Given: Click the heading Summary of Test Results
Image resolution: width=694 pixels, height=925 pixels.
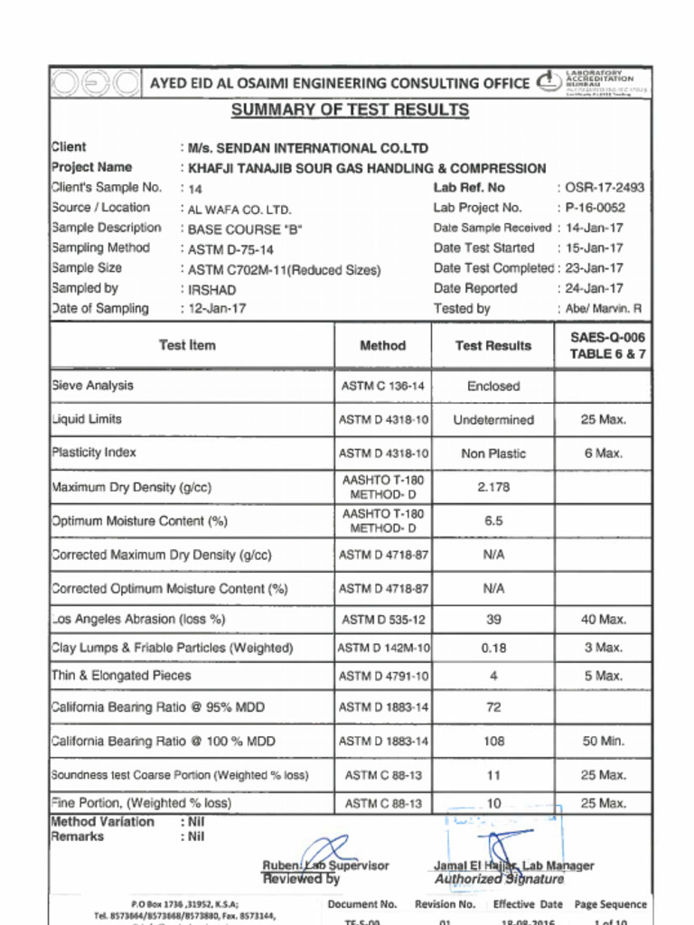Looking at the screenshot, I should pos(350,110).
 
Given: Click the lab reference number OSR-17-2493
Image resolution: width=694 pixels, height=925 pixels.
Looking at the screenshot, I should pos(605,188).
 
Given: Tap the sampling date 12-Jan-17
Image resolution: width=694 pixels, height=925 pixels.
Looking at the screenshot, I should pos(217,309).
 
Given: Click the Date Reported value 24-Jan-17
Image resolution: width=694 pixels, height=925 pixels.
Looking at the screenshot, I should pos(595,289).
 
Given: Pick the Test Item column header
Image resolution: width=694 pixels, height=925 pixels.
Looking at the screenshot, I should pos(187,345).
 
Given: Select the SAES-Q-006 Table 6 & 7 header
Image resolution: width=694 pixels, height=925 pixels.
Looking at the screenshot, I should pos(607,345).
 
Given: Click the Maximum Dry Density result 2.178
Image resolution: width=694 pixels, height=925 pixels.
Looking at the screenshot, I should pos(493,487).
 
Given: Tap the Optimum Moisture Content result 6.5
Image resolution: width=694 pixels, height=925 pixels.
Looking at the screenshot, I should pos(493,521).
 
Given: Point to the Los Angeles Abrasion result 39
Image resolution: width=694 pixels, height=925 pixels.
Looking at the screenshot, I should pos(493,620).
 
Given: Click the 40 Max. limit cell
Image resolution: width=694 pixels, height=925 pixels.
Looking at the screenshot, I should pos(603,620).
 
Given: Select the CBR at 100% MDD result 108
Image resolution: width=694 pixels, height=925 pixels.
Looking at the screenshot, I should pos(493,742).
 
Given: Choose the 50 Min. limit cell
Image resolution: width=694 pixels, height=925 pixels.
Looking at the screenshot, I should pos(603,742).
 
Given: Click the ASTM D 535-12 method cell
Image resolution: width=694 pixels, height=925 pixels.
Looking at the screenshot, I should pos(383,620).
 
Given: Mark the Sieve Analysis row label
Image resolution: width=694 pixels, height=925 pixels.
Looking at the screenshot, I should pos(93,386).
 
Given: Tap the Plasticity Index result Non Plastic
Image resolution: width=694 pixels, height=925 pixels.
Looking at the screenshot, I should pos(493,453).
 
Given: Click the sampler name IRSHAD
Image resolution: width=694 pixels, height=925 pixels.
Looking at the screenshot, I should pos(211,290).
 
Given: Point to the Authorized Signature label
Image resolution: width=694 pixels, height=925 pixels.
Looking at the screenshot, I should pos(499,879).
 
